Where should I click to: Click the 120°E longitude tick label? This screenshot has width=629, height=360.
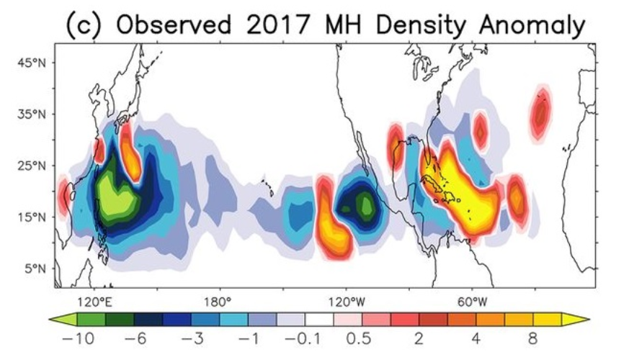[93, 300]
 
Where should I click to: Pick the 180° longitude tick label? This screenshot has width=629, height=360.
[218, 300]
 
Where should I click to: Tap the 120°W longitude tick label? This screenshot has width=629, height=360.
[344, 300]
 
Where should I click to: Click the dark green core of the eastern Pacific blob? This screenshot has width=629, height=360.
[365, 204]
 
